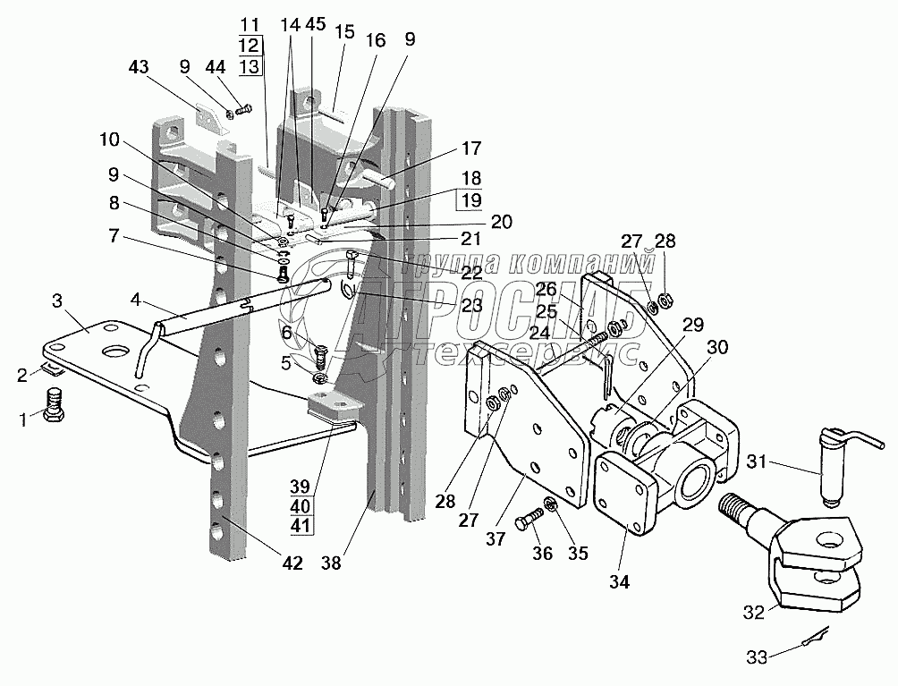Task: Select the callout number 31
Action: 756,463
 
